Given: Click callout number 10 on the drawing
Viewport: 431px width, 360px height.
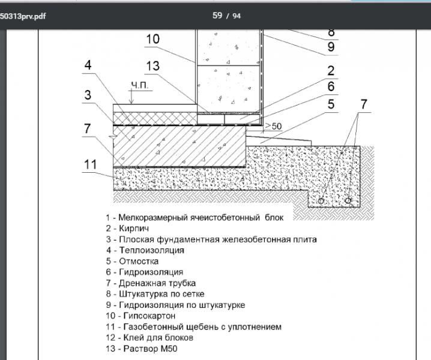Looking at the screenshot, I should (152, 39).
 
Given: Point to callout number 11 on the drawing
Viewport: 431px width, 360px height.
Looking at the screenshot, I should (90, 164).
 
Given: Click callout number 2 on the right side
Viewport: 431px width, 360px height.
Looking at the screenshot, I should (331, 71).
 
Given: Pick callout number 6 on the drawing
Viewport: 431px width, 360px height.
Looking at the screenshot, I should (331, 87).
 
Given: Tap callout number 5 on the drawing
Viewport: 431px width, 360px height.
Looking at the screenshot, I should (331, 104).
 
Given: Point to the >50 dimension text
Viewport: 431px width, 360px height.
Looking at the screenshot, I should (273, 126).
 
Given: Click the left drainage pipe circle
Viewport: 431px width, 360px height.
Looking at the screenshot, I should (320, 200).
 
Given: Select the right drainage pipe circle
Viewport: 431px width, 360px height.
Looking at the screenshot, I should (349, 200).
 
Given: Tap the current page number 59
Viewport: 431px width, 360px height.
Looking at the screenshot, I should (217, 16).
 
